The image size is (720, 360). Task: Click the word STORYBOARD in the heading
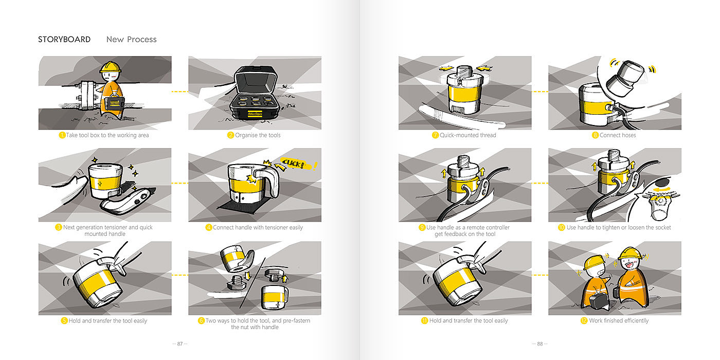point(64,39)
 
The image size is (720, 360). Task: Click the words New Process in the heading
point(132,39)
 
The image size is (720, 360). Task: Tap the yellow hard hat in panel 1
point(110,67)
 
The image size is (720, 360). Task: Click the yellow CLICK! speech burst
point(294,164)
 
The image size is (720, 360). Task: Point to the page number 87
point(180,344)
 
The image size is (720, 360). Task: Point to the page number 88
point(539,344)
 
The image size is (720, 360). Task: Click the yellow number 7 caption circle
point(435,135)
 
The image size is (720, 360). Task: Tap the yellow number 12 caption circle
point(584,320)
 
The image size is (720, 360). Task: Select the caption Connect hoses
point(618,135)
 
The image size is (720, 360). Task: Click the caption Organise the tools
point(258,135)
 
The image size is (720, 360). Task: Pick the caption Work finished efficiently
point(619,320)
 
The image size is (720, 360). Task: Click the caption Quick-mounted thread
point(467,135)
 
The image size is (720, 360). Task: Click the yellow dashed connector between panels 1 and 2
point(179,92)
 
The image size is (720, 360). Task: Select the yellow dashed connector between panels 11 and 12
point(540,275)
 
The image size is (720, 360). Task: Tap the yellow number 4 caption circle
point(209,227)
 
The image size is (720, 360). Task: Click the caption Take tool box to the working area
point(107,135)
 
